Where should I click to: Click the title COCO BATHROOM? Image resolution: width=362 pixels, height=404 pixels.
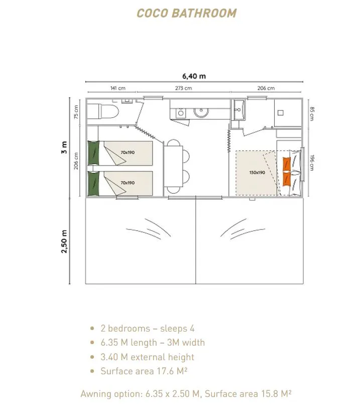point(186,13)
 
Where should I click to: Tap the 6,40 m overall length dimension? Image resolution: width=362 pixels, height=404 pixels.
point(194,76)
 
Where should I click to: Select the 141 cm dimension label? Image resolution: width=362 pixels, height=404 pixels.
point(118,88)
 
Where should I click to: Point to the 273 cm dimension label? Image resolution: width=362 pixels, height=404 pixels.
point(184,88)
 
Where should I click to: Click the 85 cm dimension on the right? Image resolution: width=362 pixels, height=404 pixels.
point(312,114)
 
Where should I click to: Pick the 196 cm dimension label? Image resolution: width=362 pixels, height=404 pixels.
point(312,163)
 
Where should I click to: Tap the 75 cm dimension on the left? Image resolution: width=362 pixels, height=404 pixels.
point(76,112)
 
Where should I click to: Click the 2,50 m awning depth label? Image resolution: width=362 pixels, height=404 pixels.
point(64,241)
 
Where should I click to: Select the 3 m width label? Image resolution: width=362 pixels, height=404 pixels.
point(64,147)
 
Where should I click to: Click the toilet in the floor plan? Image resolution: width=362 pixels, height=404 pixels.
point(103,112)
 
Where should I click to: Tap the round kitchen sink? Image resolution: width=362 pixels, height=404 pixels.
point(201,112)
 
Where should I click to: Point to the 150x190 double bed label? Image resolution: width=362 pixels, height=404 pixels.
point(257,173)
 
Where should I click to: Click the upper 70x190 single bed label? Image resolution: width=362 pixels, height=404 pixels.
point(128,152)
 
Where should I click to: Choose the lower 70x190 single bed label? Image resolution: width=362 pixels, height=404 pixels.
point(128,183)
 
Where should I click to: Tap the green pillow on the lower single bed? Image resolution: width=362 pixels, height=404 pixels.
point(93,183)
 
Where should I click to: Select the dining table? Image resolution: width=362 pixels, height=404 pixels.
point(174,166)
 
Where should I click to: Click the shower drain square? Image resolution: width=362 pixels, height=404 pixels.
point(281,113)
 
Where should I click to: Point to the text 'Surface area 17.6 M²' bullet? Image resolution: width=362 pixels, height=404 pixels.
point(144,371)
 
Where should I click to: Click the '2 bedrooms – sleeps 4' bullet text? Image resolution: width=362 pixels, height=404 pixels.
point(148,328)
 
